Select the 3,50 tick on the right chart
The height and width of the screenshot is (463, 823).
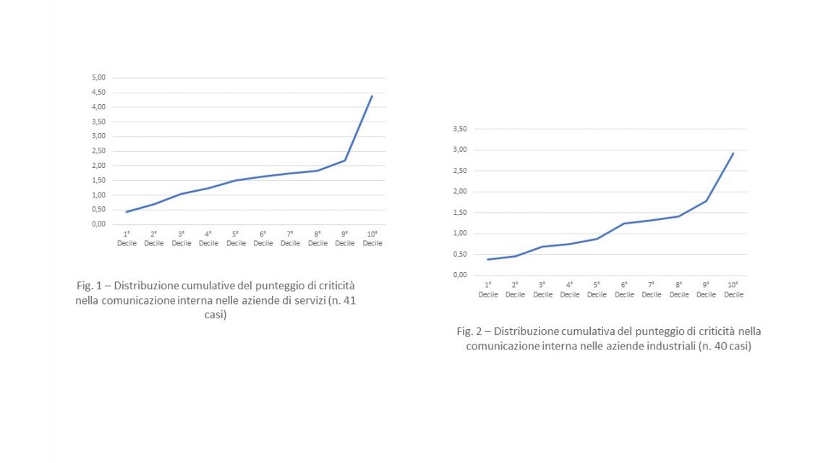point(459,129)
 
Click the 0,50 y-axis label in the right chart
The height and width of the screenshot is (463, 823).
point(459,254)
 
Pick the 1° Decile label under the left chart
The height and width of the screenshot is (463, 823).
point(127,239)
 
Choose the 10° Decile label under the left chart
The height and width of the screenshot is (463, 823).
point(372,239)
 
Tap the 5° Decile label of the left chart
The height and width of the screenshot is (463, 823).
point(236,239)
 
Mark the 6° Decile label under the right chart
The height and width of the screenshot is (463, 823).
point(624,290)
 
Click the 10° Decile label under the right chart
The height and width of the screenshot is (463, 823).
point(733,290)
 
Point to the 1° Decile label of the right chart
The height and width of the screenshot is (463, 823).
point(488,290)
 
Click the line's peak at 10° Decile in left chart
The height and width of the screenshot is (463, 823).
point(372,95)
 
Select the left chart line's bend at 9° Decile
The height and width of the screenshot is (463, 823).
point(345,160)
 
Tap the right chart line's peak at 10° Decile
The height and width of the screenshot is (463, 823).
point(733,153)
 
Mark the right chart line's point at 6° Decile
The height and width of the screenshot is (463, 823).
point(624,224)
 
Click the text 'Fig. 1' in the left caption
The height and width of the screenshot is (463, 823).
point(90,286)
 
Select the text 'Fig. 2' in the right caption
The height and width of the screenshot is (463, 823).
point(471,331)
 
